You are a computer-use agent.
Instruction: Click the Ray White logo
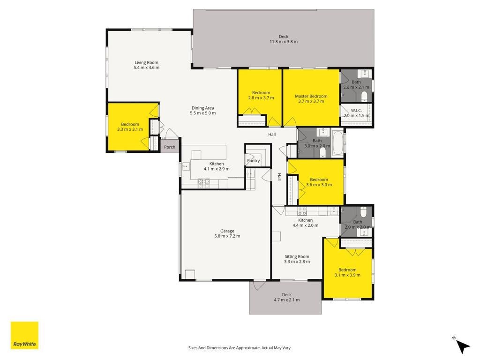[x=24, y=335]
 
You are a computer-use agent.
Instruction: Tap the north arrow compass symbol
[x=462, y=345]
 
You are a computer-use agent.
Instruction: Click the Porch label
[x=170, y=147]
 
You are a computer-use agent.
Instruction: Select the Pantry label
[x=254, y=160]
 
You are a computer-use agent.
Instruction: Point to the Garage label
[x=227, y=231]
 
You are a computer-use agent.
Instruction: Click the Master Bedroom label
[x=311, y=96]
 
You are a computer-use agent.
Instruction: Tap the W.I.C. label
[x=356, y=110]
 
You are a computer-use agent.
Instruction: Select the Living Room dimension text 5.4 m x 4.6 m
[x=147, y=67]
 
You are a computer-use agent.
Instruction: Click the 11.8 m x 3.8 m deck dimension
[x=284, y=41]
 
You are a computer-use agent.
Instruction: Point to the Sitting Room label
[x=297, y=256]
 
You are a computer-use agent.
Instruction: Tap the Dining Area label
[x=202, y=108]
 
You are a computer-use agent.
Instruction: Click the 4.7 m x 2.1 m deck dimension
[x=287, y=300]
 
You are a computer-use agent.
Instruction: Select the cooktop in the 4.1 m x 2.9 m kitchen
[x=204, y=183]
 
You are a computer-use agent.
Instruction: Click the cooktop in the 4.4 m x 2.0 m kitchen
[x=302, y=211]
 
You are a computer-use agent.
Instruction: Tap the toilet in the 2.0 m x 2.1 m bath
[x=364, y=97]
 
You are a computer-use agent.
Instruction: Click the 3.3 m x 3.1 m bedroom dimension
[x=130, y=129]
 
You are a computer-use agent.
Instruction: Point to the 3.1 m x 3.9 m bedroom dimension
[x=347, y=275]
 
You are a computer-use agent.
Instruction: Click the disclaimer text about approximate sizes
[x=240, y=348]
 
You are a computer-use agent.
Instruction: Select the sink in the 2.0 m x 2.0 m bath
[x=364, y=232]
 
